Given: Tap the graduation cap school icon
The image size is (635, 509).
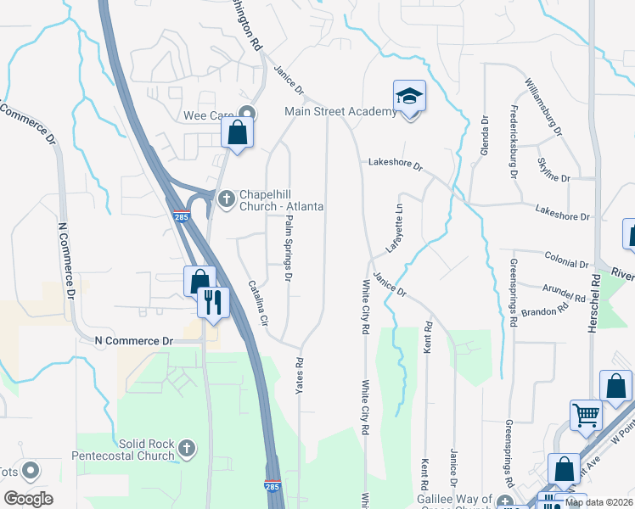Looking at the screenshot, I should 409,98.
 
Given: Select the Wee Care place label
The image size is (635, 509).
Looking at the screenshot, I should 208,115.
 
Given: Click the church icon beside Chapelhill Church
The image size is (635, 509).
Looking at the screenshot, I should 226,199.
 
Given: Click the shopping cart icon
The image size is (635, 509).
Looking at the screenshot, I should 585,415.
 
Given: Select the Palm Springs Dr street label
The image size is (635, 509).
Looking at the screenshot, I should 289,249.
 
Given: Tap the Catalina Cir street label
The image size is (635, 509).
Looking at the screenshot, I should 258,305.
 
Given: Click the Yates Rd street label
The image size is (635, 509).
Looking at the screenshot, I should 299,374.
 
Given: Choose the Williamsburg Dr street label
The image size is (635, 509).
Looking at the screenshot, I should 543,108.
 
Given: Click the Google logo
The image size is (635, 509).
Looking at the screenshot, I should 28,498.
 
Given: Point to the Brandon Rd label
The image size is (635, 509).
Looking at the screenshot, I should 546,311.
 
